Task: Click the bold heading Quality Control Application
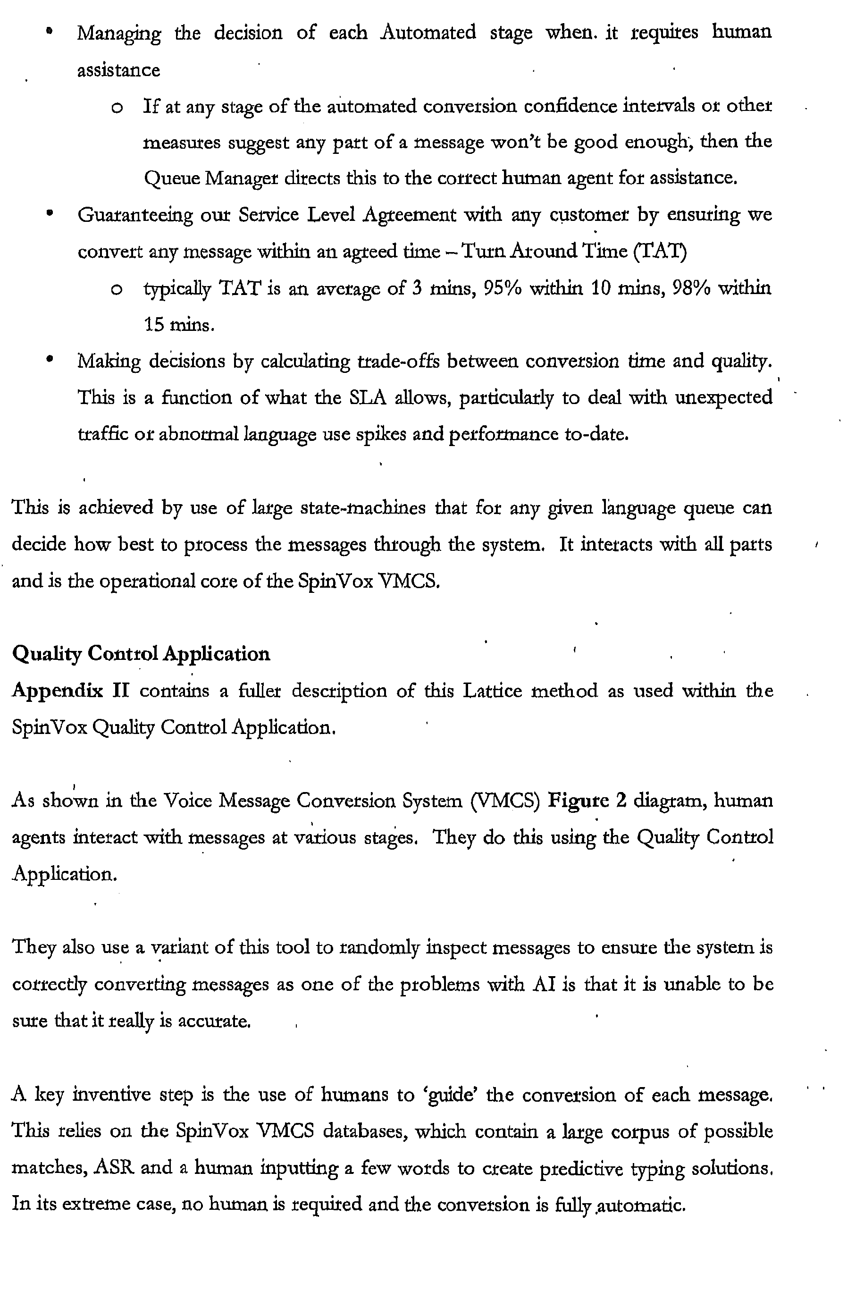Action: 141,654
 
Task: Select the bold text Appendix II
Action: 70,691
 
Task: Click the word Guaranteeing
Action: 135,215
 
